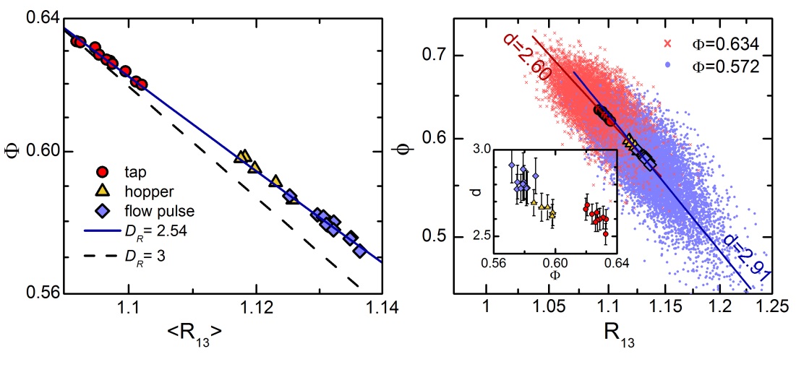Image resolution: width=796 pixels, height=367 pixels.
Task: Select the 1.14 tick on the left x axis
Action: coord(382,311)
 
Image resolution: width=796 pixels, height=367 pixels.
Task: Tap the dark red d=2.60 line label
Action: coord(518,57)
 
